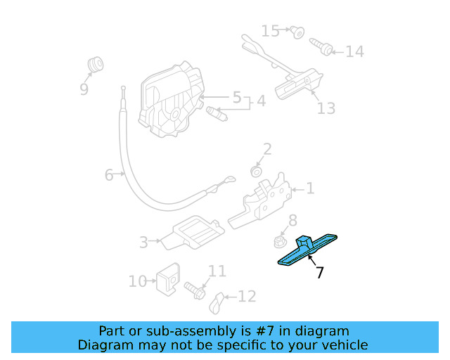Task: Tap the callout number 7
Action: click(x=320, y=273)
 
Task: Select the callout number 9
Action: click(x=84, y=89)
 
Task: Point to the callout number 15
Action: click(x=271, y=31)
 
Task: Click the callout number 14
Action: click(x=354, y=52)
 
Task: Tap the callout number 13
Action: click(x=326, y=108)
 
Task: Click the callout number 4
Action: click(x=261, y=101)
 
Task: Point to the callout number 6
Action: click(x=109, y=174)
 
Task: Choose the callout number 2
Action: click(x=267, y=149)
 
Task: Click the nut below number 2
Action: click(x=257, y=171)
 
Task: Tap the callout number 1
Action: click(x=310, y=188)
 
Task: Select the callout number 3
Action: click(x=143, y=243)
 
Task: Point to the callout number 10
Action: click(x=137, y=281)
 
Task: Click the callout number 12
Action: click(x=247, y=297)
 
